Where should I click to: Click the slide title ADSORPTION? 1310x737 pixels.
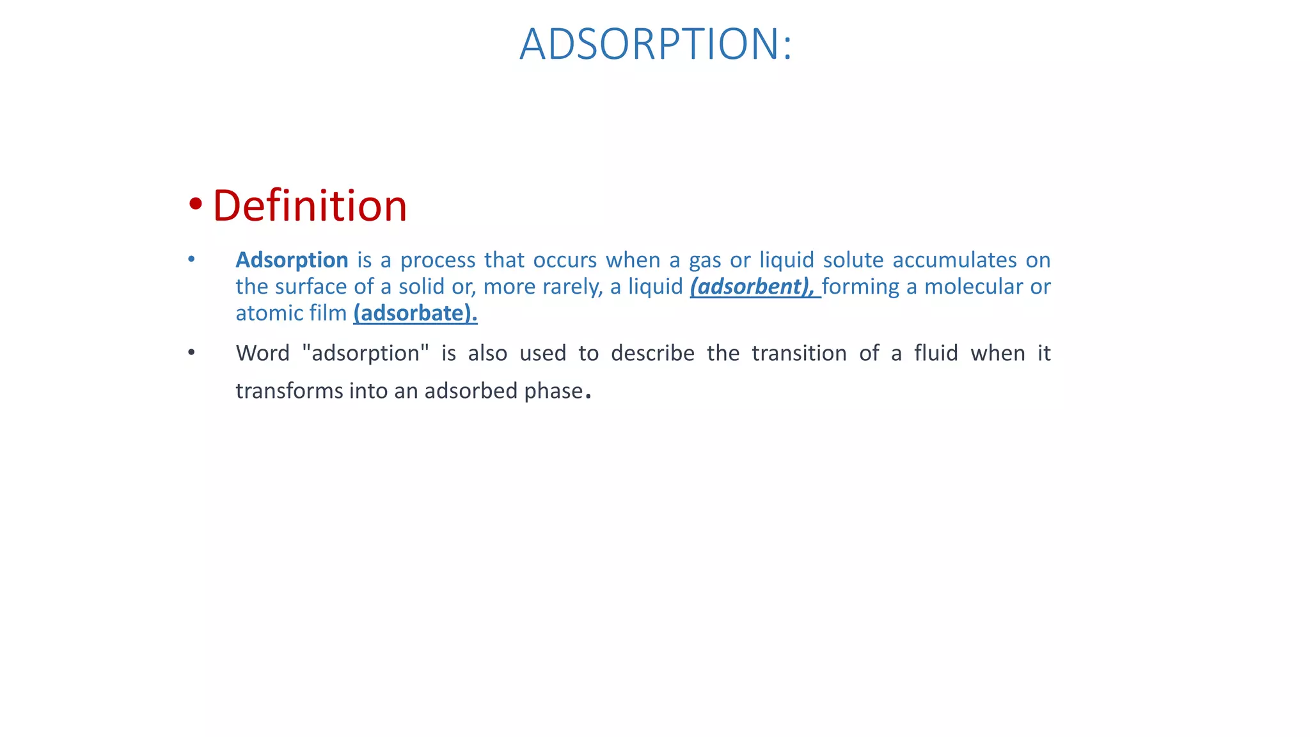[x=656, y=44]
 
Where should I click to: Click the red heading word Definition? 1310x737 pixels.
[x=310, y=206]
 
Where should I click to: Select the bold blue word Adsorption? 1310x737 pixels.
[x=292, y=260]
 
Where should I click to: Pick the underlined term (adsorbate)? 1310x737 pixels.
[x=415, y=313]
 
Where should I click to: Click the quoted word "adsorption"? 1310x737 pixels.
[x=365, y=353]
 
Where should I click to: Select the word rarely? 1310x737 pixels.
[x=572, y=287]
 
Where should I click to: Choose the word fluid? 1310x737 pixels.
[x=936, y=353]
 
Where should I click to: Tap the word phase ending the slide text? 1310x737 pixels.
[x=553, y=391]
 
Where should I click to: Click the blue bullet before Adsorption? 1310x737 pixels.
[x=191, y=259]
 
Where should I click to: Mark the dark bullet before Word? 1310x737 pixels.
[x=191, y=353]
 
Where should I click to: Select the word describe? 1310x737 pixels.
[x=652, y=353]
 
